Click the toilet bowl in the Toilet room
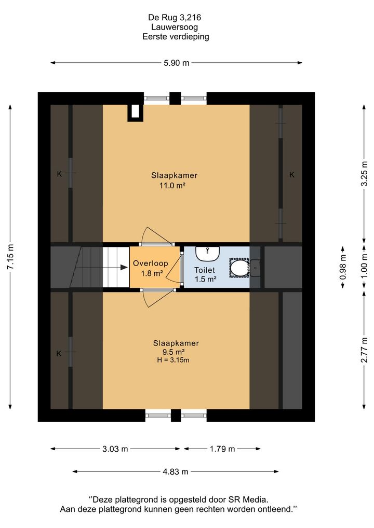239,268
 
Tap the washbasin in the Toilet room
208,254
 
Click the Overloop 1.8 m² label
151,268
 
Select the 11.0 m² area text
172,185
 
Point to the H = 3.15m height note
173,360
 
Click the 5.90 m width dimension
177,63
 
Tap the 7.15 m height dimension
10,257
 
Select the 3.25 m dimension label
364,173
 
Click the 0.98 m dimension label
343,267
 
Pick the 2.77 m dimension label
364,350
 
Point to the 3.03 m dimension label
115,449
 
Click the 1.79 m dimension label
222,449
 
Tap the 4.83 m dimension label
176,472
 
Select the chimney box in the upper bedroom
135,113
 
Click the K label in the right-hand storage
292,175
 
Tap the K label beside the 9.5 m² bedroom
59,354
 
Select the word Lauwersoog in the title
175,27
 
